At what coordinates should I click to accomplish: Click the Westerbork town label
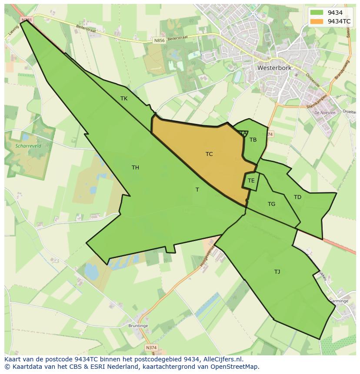pos(274,68)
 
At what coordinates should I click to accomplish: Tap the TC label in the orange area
pos(209,154)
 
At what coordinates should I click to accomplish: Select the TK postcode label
pos(124,99)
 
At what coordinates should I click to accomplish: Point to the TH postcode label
pos(135,168)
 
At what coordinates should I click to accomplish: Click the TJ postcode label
pos(277,272)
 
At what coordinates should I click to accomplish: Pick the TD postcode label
pos(297,197)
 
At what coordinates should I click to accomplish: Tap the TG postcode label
pos(271,204)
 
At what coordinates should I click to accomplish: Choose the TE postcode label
pos(251,181)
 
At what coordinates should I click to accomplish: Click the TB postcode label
pos(253,140)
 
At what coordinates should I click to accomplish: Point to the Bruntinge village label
pos(138,326)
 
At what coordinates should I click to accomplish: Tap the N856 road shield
pos(159,40)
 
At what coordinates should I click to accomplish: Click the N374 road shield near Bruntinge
pos(151,348)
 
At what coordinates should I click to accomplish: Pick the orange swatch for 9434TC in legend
pos(317,21)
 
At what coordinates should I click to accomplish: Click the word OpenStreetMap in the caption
pos(236,367)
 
